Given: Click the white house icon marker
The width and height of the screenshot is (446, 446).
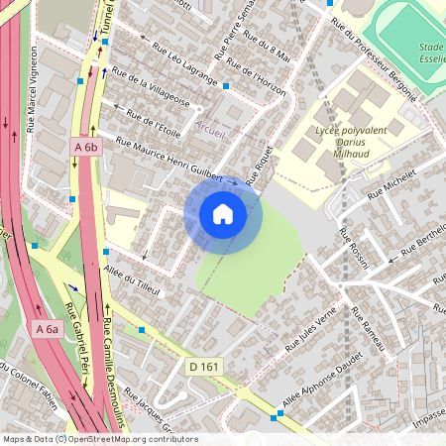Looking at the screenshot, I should tap(223, 214).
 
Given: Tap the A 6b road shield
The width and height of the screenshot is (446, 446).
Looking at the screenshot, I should tap(87, 148).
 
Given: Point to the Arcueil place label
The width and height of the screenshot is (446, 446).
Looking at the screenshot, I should tap(211, 127).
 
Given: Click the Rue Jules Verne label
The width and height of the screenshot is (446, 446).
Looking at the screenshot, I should tap(312, 330).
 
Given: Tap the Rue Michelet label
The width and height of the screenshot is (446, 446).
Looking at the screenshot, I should tap(393, 184).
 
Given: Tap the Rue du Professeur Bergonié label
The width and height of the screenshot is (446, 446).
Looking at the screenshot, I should tap(373, 57).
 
